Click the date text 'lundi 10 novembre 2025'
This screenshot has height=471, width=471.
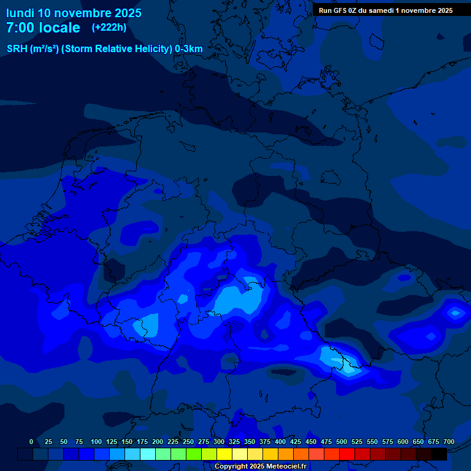[74, 13]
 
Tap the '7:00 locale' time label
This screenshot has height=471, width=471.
[43, 28]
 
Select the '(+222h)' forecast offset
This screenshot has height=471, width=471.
[109, 28]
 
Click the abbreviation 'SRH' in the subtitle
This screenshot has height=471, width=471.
[17, 48]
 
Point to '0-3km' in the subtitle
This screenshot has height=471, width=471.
[189, 48]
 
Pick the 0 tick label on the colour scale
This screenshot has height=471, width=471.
[31, 442]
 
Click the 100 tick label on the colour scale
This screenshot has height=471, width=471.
[96, 442]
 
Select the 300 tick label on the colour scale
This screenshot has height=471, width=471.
[219, 442]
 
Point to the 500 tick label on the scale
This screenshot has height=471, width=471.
[342, 442]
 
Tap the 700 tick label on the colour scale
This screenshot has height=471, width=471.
[448, 442]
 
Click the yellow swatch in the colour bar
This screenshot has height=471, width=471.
[224, 454]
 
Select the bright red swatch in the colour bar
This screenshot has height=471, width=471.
[347, 454]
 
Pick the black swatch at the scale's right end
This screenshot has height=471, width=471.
[439, 454]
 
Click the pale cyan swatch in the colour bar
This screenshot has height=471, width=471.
[148, 454]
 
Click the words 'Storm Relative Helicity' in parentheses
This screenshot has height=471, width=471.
[117, 48]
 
